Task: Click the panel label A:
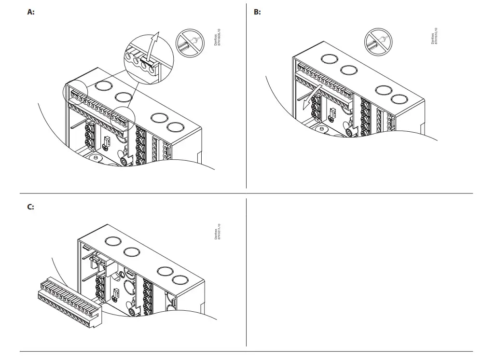point(30,12)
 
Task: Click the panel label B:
point(257,12)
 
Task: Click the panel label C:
point(30,207)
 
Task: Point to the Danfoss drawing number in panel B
point(434,36)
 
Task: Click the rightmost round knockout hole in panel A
point(176,128)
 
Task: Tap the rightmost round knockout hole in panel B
point(400,99)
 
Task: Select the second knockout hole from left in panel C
point(131,251)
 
